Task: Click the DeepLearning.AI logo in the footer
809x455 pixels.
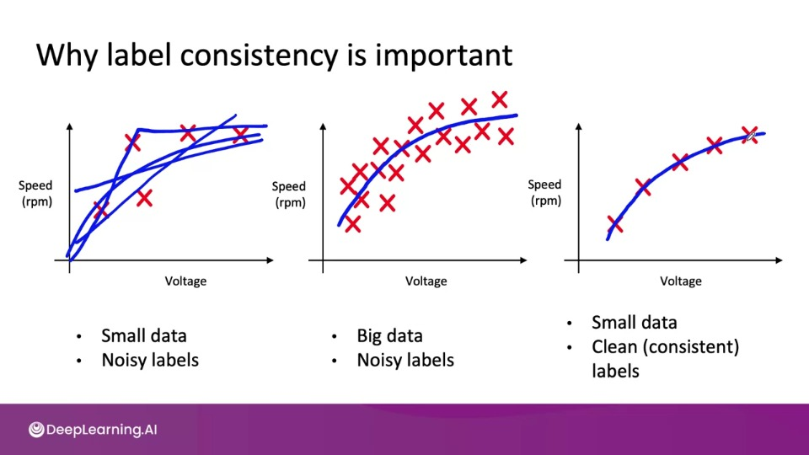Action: coord(93,430)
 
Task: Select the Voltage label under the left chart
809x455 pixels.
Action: coord(185,281)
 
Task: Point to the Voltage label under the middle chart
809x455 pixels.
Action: coord(426,281)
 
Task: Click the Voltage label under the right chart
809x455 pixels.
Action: coord(681,281)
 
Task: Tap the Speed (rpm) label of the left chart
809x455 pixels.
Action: coord(36,193)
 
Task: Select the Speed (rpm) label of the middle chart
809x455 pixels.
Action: coord(289,194)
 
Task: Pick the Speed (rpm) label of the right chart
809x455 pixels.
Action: coord(545,192)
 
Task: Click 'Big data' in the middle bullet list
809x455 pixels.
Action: coord(389,336)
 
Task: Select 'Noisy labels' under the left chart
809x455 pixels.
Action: coord(150,360)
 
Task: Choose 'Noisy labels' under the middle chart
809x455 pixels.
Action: coord(405,360)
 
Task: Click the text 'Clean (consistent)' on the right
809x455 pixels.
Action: coord(665,347)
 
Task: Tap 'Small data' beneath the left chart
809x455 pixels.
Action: coord(143,336)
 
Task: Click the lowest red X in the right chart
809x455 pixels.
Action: coord(615,224)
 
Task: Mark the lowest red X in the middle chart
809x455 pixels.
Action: coord(352,224)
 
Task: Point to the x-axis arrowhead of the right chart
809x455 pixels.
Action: coord(779,260)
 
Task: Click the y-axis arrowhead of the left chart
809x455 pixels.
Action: coord(70,126)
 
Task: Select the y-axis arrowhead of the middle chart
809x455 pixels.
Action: coord(323,126)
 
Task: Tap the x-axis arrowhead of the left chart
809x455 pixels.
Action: coord(270,260)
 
